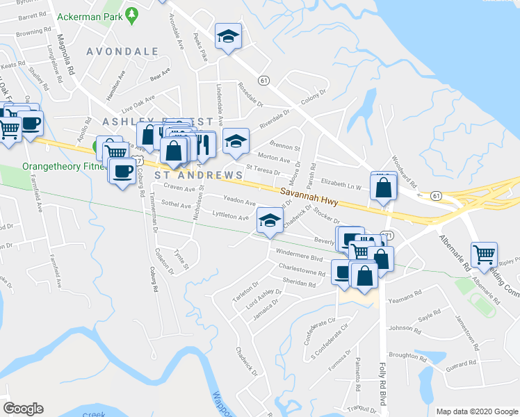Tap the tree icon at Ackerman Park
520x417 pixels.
pos(131,13)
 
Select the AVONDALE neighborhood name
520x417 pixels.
pos(122,51)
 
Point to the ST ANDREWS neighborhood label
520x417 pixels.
pos(198,175)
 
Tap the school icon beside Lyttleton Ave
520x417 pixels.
pos(270,220)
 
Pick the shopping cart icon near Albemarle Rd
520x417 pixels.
pos(483,253)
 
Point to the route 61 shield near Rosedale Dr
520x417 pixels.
pos(263,81)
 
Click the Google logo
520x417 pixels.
pos(23,409)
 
